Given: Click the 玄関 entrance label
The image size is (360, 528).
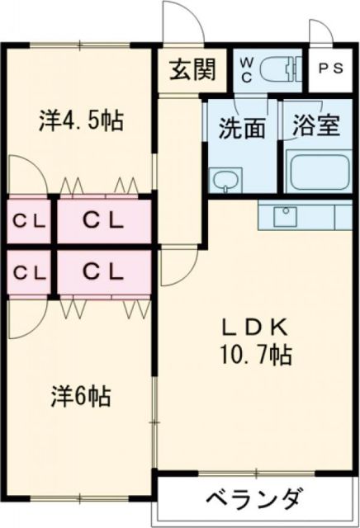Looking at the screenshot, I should coord(193,70).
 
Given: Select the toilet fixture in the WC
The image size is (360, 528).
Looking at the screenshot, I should coord(284,68).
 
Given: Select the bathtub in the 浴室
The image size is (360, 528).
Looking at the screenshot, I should coord(318,172).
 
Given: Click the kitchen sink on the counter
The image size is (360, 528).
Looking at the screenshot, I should coord(286,215).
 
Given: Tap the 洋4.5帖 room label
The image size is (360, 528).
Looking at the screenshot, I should coord(80,121).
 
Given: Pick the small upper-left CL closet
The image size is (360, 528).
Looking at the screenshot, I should coord(26,220).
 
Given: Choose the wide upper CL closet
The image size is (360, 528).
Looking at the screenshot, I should coord(102,220).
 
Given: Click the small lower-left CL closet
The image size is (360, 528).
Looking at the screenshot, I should coord(26,271).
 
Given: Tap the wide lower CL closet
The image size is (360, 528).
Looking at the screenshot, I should coord(102,271).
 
